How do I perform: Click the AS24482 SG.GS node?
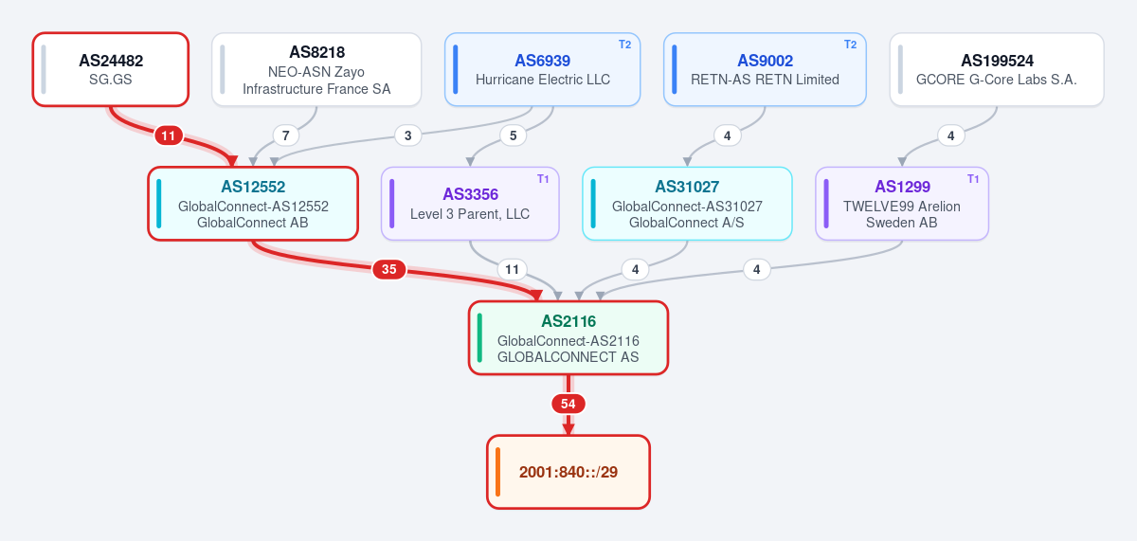[x=111, y=69]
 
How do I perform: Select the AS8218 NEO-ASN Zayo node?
[x=316, y=69]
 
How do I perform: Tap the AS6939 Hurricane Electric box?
[x=543, y=69]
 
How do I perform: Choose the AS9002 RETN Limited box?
[x=765, y=69]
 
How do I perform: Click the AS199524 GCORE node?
[x=997, y=69]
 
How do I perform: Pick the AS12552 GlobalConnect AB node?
[x=253, y=204]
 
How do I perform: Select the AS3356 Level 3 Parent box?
[x=470, y=204]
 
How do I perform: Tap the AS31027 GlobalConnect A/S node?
[x=687, y=204]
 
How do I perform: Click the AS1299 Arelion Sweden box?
[x=902, y=204]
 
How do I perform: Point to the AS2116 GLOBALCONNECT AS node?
[x=568, y=338]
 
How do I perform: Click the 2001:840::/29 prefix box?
[x=568, y=472]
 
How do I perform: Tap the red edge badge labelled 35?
[x=389, y=269]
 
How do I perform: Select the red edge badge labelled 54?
[x=568, y=404]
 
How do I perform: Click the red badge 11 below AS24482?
[x=169, y=135]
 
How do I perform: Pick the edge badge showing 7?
[x=286, y=135]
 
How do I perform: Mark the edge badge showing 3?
[x=408, y=135]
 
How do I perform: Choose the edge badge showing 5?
[x=514, y=135]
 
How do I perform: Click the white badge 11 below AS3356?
[x=513, y=269]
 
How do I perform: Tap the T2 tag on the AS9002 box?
[x=851, y=45]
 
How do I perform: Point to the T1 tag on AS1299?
[x=973, y=179]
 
